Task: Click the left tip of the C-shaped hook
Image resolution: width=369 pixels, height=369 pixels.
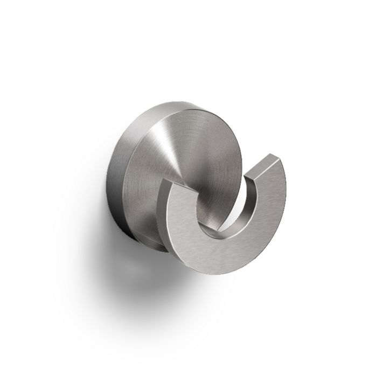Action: (x=175, y=183)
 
